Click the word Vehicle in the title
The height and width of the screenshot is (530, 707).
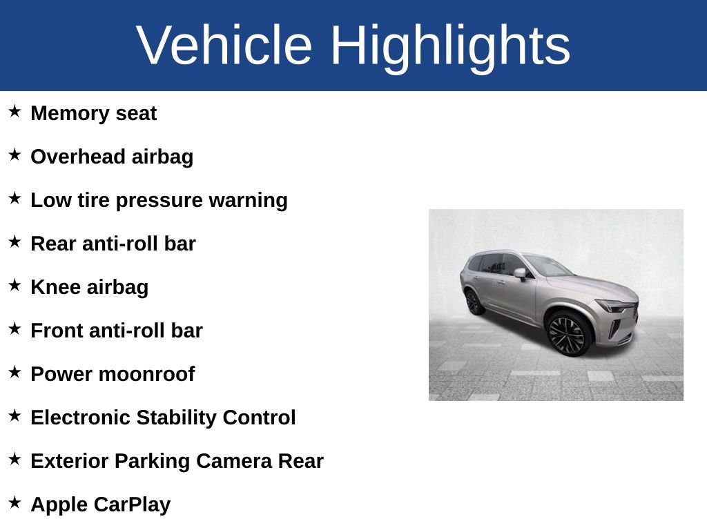(224, 46)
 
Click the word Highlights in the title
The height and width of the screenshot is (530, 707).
(450, 46)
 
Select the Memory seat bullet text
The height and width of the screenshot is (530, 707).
(94, 113)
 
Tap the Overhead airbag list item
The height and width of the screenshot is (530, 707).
(112, 157)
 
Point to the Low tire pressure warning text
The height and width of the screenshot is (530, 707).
(159, 200)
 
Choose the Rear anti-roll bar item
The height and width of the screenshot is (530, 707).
(113, 244)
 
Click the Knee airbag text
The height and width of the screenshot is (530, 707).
(89, 287)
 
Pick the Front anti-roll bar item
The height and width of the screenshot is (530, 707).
(117, 331)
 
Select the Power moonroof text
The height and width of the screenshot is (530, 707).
(113, 374)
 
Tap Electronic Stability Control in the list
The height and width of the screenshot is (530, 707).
(163, 418)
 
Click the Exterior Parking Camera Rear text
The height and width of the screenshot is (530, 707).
(177, 461)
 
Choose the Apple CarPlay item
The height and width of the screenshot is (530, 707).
(100, 504)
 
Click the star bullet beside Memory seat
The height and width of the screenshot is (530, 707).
(14, 111)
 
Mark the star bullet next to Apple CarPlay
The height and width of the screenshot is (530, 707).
(14, 502)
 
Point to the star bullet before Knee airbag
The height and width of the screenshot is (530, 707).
(14, 285)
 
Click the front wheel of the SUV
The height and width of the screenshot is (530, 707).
(568, 333)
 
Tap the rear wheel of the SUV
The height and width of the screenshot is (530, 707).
(473, 302)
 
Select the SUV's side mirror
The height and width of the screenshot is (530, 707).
(519, 273)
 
